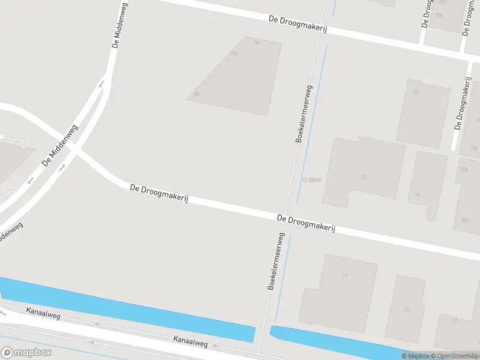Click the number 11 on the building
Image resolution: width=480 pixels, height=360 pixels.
tap(345, 275)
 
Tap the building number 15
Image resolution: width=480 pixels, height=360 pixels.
tap(407, 310)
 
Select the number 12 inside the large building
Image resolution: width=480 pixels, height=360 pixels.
tap(363, 177)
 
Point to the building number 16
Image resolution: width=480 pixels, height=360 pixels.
tap(417, 194)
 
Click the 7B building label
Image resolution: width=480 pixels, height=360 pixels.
tap(415, 92)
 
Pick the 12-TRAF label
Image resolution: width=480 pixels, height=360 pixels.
tap(312, 180)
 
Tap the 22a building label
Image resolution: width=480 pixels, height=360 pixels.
tap(464, 170)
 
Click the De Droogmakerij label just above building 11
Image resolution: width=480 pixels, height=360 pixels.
tap(306, 224)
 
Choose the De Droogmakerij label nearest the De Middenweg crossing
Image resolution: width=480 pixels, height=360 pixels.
tap(159, 194)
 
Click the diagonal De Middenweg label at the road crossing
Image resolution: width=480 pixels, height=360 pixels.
tap(60, 146)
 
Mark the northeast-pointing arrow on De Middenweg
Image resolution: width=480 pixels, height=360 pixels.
tap(62, 167)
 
